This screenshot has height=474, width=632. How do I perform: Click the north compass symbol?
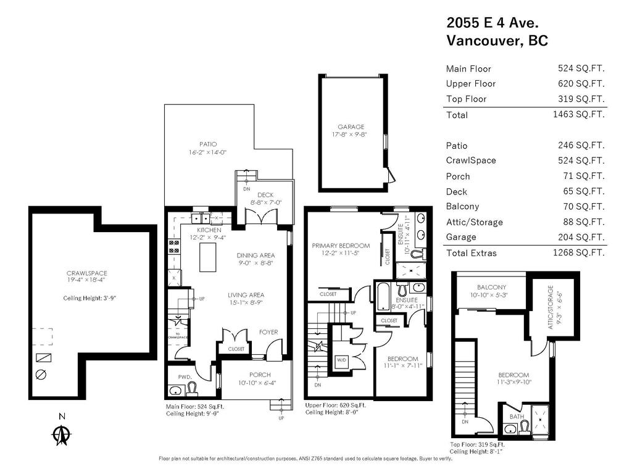(x=61, y=435)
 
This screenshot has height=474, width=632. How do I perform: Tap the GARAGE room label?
(x=351, y=127)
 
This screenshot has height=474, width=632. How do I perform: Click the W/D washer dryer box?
(x=341, y=360)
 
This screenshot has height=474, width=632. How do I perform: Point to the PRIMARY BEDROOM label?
(x=345, y=246)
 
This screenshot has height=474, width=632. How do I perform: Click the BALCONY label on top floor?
(x=491, y=287)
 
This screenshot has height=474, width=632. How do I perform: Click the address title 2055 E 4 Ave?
(x=493, y=23)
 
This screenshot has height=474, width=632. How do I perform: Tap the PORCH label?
(x=260, y=375)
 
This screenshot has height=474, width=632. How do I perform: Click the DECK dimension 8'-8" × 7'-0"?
(x=265, y=202)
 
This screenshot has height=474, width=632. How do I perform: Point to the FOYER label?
(x=268, y=332)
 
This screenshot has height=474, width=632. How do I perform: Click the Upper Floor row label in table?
(x=470, y=83)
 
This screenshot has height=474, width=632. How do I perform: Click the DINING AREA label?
(x=256, y=255)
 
